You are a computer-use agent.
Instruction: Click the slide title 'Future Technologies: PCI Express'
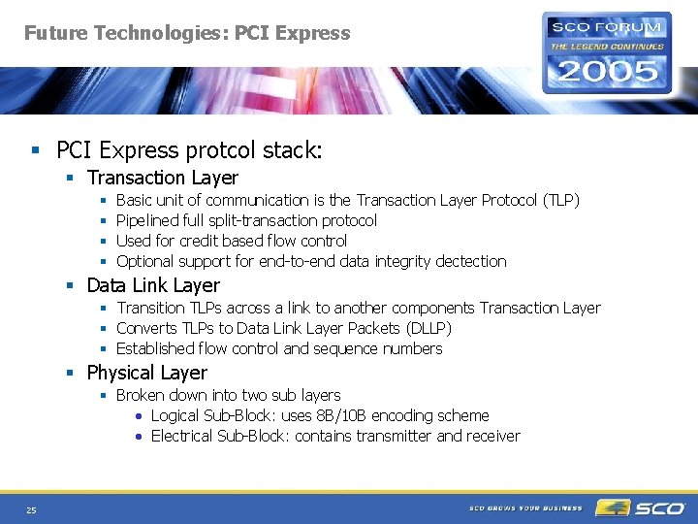click(x=187, y=33)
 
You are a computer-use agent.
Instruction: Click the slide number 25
click(x=31, y=510)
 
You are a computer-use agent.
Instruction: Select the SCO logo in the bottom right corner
click(x=641, y=508)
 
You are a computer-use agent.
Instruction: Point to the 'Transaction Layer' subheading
click(x=162, y=178)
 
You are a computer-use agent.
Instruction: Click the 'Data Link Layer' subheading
click(x=153, y=285)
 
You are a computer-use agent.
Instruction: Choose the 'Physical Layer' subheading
click(x=146, y=373)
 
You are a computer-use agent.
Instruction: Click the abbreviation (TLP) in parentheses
click(x=560, y=200)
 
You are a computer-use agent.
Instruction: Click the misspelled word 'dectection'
click(x=470, y=261)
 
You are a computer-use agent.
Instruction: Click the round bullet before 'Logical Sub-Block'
click(x=140, y=416)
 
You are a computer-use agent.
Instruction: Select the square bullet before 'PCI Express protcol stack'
click(x=36, y=150)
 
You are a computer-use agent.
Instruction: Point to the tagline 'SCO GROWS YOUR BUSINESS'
click(x=525, y=508)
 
